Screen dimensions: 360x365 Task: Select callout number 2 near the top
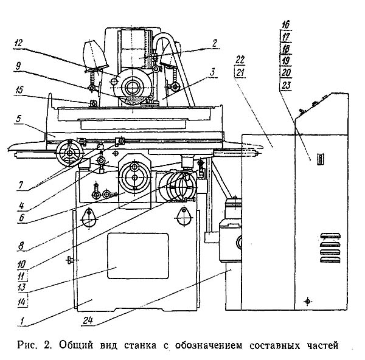click(214, 43)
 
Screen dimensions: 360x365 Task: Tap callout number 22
click(240, 59)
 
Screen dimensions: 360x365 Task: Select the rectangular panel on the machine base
click(137, 255)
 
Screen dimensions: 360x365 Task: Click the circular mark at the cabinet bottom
click(308, 301)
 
